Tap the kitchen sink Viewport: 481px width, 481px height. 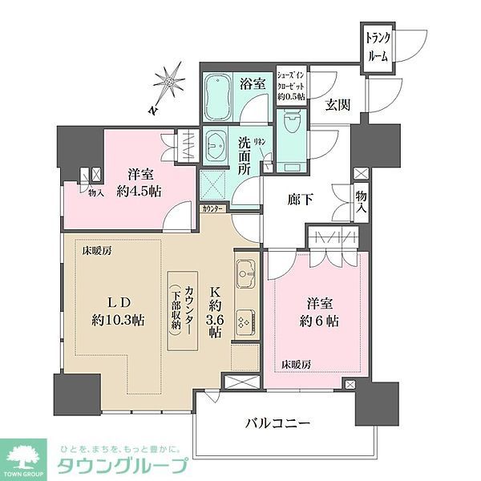tap(245, 277)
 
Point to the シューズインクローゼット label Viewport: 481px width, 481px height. tap(291, 82)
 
